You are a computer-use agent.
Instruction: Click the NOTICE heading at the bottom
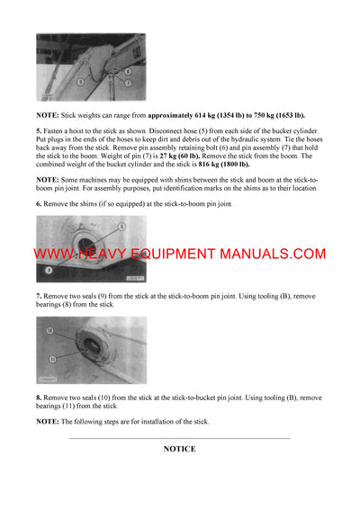point(179,448)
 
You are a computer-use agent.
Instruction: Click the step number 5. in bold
point(39,131)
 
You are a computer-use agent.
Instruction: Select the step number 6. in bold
point(39,204)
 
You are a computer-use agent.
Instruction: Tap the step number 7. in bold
point(39,295)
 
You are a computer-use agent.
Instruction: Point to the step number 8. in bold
point(39,397)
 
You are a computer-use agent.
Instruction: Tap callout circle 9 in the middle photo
point(51,268)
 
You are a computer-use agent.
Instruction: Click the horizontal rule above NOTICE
point(179,438)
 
